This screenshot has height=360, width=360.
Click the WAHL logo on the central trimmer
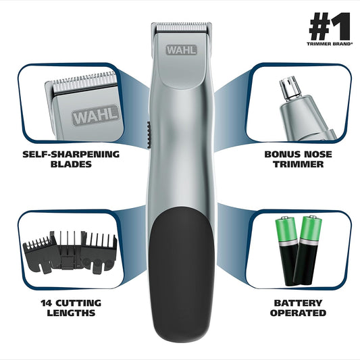180,51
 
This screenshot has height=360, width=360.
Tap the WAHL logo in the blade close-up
95,115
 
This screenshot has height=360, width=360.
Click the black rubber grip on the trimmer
181,277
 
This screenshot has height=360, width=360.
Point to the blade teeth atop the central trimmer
180,28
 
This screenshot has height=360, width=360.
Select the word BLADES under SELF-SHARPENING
70,164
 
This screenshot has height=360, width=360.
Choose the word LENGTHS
70,313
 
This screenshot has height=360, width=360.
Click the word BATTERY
297,302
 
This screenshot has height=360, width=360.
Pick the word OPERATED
297,313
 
